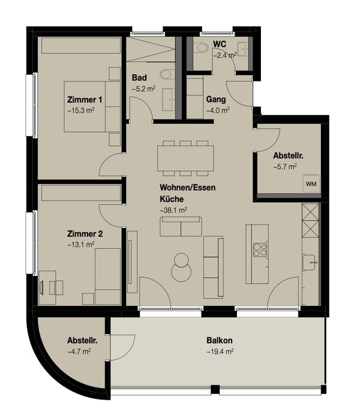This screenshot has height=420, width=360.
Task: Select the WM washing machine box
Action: (x=311, y=183)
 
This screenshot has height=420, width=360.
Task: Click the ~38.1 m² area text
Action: (x=173, y=211)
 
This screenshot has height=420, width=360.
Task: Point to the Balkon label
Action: (x=220, y=340)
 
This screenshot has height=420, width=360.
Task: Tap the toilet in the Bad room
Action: (x=166, y=74)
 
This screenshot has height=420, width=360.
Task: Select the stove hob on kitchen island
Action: (x=260, y=249)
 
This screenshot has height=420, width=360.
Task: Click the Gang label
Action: (x=216, y=100)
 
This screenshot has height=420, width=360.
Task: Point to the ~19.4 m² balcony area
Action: (x=220, y=351)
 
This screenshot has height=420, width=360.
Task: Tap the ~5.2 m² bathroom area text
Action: (x=143, y=89)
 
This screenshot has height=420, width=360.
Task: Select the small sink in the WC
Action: (x=242, y=48)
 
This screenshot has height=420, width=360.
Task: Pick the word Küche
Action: (x=172, y=199)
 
